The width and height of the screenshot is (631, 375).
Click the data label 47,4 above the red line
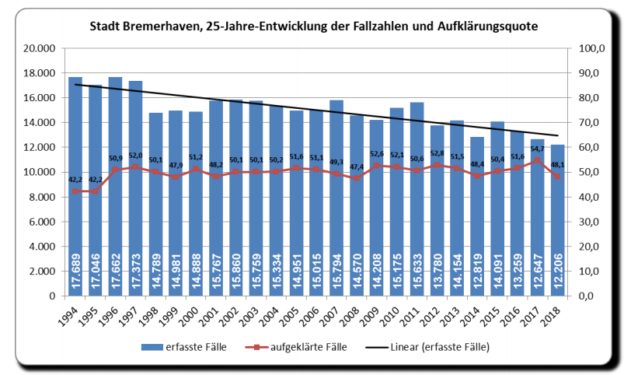click(x=354, y=167)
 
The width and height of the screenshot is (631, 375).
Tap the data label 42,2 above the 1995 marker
click(x=95, y=180)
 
